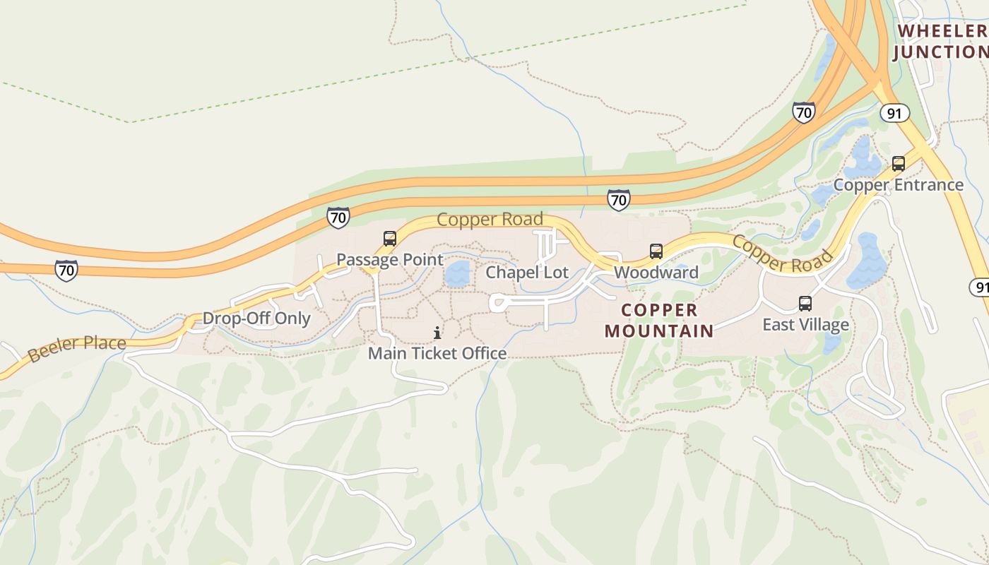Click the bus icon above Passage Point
pyautogui.click(x=389, y=239)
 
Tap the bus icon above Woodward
pyautogui.click(x=656, y=251)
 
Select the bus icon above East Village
pyautogui.click(x=805, y=304)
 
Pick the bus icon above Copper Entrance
pyautogui.click(x=898, y=164)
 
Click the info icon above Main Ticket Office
pyautogui.click(x=437, y=333)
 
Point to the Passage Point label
pyautogui.click(x=389, y=259)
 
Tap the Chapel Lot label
pyautogui.click(x=527, y=272)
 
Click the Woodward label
pyautogui.click(x=656, y=272)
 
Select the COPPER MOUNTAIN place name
pyautogui.click(x=659, y=320)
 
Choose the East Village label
pyautogui.click(x=805, y=324)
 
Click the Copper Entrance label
pyautogui.click(x=898, y=184)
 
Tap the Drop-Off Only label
pyautogui.click(x=256, y=318)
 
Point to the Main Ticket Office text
pyautogui.click(x=437, y=352)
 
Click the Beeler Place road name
pyautogui.click(x=77, y=347)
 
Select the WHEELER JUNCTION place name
pyautogui.click(x=941, y=41)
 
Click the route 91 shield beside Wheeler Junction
pyautogui.click(x=894, y=113)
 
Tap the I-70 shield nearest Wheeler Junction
pyautogui.click(x=803, y=112)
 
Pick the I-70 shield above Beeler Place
pyautogui.click(x=66, y=270)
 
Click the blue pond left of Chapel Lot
pyautogui.click(x=458, y=274)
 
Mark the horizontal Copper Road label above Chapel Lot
pyautogui.click(x=490, y=219)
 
